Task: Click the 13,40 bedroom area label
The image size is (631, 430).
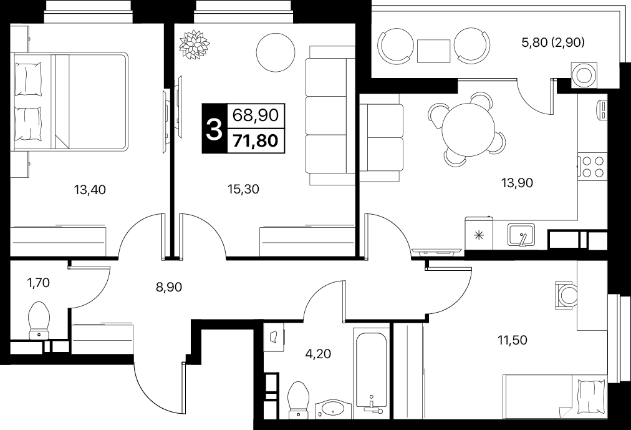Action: [x=90, y=189]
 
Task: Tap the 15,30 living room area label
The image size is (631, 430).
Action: [x=243, y=189]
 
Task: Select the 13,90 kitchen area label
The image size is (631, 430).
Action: [x=517, y=183]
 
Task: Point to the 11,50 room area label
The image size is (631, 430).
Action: [x=513, y=340]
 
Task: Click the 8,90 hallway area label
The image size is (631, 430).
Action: [x=169, y=287]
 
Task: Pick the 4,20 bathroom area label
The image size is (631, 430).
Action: [x=319, y=354]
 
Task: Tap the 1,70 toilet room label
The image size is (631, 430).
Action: [x=38, y=283]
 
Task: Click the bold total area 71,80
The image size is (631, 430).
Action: [x=256, y=141]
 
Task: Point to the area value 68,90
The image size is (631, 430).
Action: [x=256, y=115]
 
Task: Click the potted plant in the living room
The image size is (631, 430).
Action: [x=195, y=44]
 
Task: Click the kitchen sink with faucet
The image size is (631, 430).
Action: [x=521, y=235]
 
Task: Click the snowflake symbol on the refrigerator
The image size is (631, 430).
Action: [x=478, y=235]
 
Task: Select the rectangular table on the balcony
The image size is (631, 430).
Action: [x=433, y=51]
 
